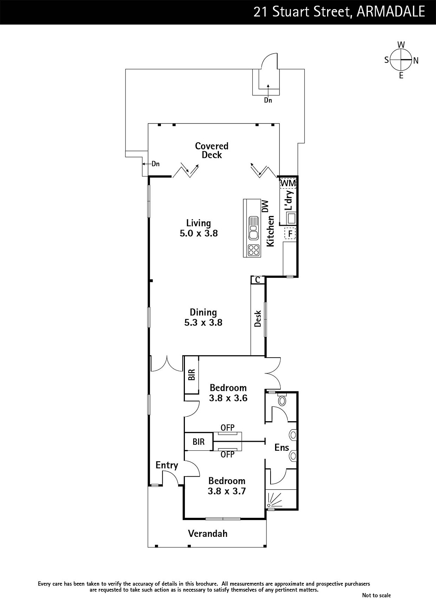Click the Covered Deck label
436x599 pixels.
click(212, 150)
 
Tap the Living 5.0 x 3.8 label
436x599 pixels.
click(199, 228)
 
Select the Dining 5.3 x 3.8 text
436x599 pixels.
click(203, 317)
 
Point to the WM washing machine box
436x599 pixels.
click(288, 183)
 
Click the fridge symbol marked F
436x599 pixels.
click(290, 232)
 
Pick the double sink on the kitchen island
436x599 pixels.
click(253, 228)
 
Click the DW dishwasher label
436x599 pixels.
click(265, 206)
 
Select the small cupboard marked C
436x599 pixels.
click(258, 280)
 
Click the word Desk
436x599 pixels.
click(258, 319)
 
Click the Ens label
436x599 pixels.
click(282, 447)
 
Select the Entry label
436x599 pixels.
click(167, 466)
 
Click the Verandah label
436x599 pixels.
click(208, 533)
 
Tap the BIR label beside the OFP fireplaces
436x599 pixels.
click(198, 442)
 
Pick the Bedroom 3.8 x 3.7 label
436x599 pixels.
click(227, 486)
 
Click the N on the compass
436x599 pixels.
click(416, 61)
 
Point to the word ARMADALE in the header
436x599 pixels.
click(391, 12)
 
